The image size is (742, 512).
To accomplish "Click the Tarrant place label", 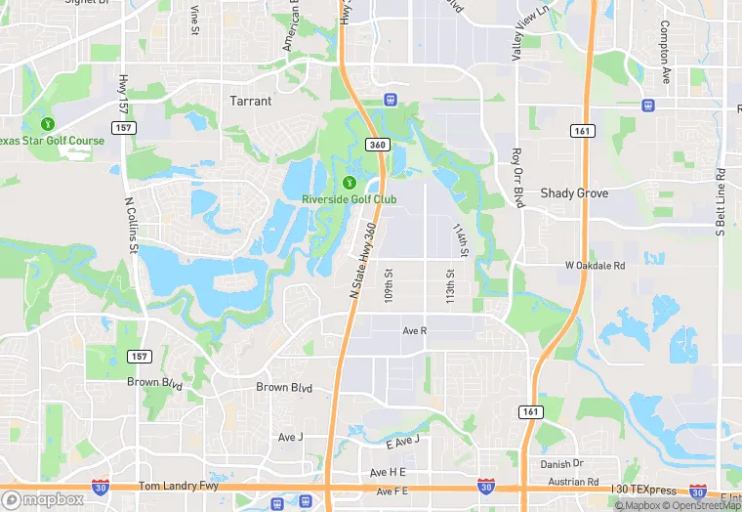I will (250, 101).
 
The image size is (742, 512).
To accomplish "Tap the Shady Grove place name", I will (574, 193).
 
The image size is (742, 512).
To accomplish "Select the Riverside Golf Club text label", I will (349, 199).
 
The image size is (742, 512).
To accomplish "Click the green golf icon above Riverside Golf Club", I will (350, 181).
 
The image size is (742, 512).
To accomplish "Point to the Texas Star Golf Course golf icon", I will (47, 123).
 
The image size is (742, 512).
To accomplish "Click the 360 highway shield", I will (378, 145).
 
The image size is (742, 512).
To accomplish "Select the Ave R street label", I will (415, 331).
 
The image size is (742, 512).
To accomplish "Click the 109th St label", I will (389, 284).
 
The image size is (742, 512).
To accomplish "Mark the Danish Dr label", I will (564, 463).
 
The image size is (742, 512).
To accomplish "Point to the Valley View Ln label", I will (517, 32).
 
